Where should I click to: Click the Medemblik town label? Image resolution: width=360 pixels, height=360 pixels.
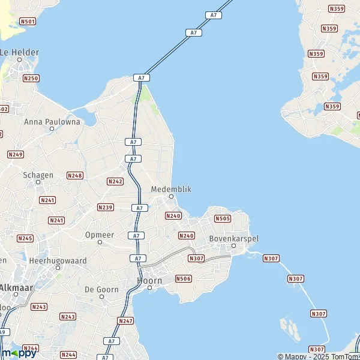(171, 188)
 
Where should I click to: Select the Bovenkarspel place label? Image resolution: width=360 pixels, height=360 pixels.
(234, 238)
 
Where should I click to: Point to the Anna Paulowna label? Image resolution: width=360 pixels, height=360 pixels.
(52, 121)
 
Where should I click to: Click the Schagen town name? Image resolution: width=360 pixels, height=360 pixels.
(38, 175)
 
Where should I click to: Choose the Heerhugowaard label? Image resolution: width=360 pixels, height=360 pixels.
(58, 261)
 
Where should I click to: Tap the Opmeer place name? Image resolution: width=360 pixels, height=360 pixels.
(100, 235)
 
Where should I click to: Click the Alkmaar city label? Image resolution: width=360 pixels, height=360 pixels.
(17, 287)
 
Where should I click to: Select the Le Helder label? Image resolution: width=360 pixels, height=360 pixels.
(19, 52)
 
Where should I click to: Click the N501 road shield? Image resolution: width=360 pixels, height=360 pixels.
(27, 22)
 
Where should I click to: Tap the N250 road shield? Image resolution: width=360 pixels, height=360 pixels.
(31, 79)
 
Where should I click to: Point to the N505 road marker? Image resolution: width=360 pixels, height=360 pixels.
(222, 219)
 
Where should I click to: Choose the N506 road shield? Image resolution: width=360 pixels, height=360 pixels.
(183, 278)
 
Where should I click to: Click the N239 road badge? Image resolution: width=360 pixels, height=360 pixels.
(105, 208)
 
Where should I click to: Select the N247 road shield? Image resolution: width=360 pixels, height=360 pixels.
(126, 321)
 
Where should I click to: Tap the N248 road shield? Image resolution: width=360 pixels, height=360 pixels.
(75, 175)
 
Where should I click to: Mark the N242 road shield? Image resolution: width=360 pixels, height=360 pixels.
(115, 181)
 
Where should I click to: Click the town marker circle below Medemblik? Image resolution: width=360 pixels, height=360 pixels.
(171, 196)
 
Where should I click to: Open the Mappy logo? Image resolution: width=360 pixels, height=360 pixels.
(19, 353)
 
